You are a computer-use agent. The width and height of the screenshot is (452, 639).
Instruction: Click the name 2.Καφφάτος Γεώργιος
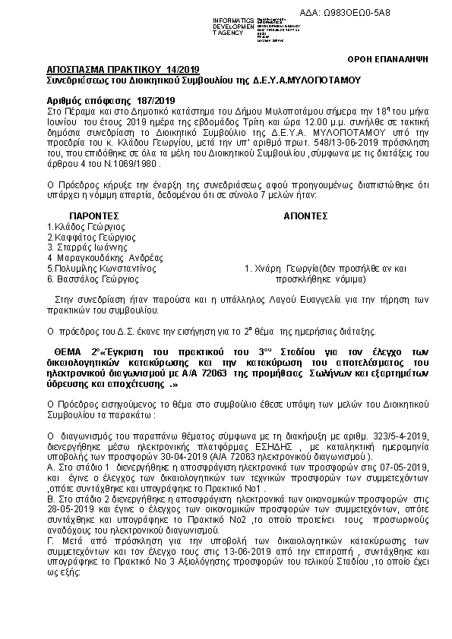[86, 237]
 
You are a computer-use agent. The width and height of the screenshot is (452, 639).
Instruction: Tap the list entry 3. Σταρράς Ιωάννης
[81, 247]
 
